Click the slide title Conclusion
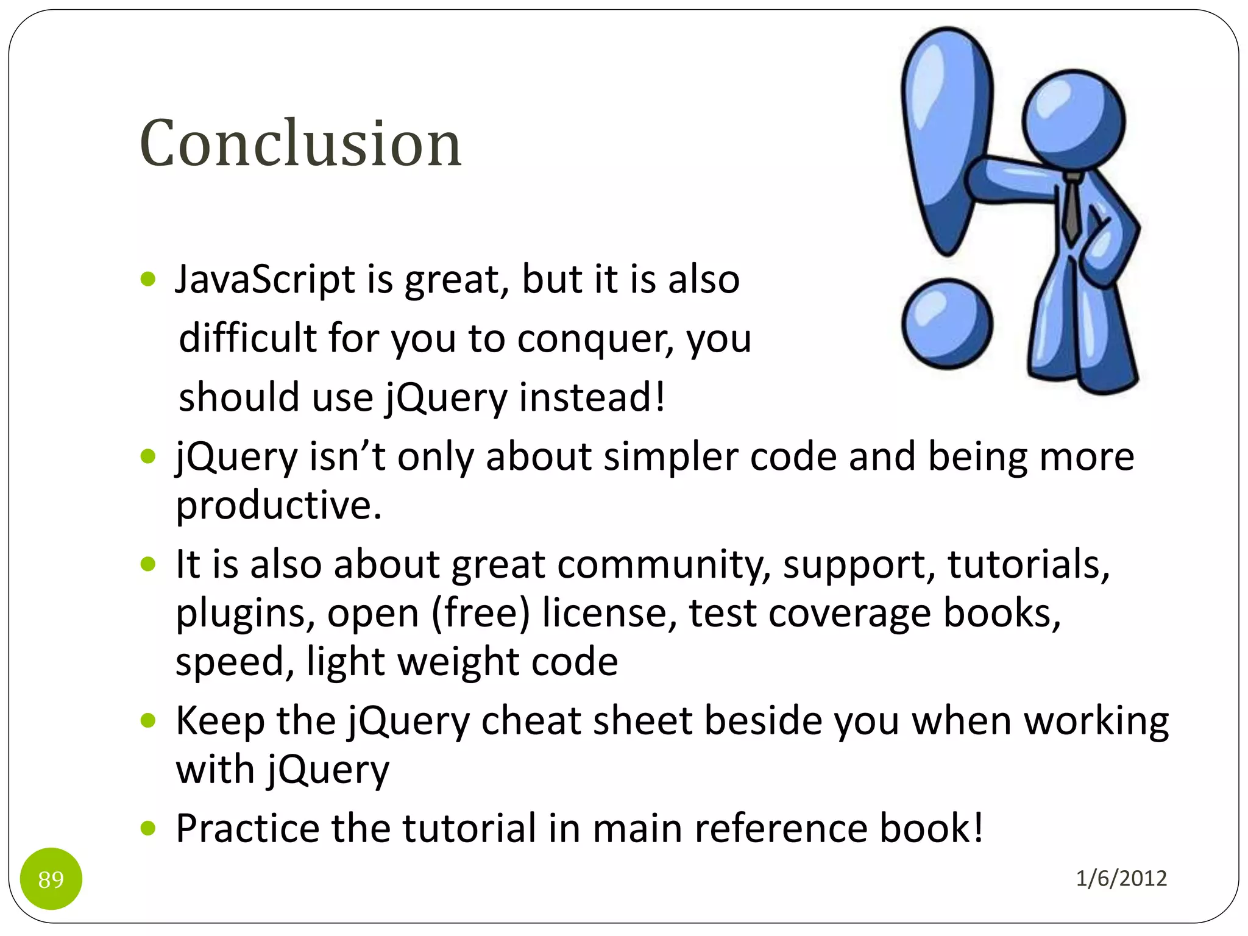[x=300, y=144]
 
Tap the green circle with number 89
[x=51, y=879]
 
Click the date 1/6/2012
[x=1121, y=878]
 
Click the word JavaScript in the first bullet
[x=265, y=280]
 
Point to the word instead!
[x=592, y=397]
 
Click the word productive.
[x=278, y=505]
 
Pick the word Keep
[x=220, y=721]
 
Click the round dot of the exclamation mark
[x=947, y=324]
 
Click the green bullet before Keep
[x=148, y=721]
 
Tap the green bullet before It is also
[x=148, y=564]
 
